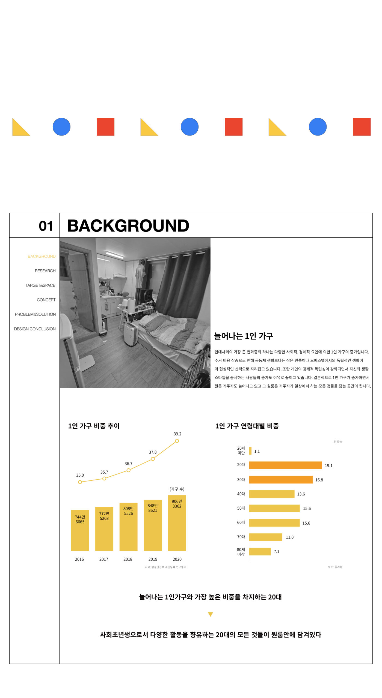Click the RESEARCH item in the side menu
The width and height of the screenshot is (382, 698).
click(x=45, y=271)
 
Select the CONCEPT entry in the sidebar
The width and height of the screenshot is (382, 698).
click(x=46, y=300)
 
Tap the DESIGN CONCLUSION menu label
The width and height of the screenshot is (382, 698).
click(x=35, y=329)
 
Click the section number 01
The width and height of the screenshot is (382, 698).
click(x=46, y=226)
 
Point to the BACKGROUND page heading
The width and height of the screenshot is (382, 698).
click(x=128, y=226)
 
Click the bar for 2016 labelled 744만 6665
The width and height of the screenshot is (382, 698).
click(x=80, y=530)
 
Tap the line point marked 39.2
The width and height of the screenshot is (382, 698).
click(x=177, y=441)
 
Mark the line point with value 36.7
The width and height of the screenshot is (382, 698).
click(x=128, y=470)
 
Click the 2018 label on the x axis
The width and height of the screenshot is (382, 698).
click(x=128, y=559)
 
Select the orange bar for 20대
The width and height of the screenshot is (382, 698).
click(x=285, y=465)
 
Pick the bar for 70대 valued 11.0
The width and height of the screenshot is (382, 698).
click(x=265, y=537)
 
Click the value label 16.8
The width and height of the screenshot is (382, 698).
click(x=319, y=480)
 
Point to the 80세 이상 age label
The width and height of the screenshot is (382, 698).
click(x=241, y=552)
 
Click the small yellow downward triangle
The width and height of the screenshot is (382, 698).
click(x=210, y=614)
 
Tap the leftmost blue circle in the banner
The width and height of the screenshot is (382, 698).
click(x=61, y=127)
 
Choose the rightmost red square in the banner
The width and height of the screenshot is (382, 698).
click(x=362, y=127)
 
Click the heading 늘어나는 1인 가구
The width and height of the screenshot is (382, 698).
click(x=244, y=336)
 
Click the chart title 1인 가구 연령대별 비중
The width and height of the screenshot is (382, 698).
click(x=247, y=426)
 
